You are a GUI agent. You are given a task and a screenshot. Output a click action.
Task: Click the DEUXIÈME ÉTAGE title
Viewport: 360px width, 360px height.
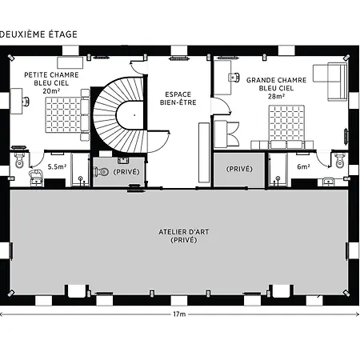[38, 34]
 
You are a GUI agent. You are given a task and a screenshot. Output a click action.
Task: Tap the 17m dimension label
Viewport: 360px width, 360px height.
[179, 314]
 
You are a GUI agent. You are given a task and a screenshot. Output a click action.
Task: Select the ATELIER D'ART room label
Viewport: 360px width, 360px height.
[184, 232]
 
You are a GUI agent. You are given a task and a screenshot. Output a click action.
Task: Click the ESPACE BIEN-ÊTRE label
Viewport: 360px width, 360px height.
[178, 98]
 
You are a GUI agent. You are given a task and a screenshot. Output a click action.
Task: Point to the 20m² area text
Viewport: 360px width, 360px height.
[51, 91]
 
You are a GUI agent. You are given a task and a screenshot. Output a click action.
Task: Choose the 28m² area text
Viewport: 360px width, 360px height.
[276, 96]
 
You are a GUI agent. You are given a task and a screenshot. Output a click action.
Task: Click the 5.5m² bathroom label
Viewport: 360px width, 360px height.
[57, 167]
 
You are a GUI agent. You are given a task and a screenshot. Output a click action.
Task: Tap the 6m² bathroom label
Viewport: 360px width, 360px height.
[303, 167]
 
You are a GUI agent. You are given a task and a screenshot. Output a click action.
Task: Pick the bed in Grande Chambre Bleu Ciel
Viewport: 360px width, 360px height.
[286, 126]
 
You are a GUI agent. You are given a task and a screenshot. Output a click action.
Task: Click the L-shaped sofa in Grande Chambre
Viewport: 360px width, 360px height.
[330, 82]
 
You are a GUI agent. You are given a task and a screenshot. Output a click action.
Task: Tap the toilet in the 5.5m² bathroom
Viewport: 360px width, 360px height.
[19, 160]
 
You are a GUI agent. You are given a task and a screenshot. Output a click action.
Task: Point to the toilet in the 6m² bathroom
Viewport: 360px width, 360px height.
[339, 161]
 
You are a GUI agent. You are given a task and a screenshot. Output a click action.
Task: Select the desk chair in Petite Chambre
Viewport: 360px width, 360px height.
[26, 102]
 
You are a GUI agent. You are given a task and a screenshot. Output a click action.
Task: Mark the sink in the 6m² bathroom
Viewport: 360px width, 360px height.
[329, 182]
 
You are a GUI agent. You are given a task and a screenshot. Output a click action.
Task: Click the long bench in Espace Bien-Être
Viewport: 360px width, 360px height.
[204, 153]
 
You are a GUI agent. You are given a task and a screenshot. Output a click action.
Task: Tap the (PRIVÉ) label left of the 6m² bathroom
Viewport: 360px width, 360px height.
[239, 169]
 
